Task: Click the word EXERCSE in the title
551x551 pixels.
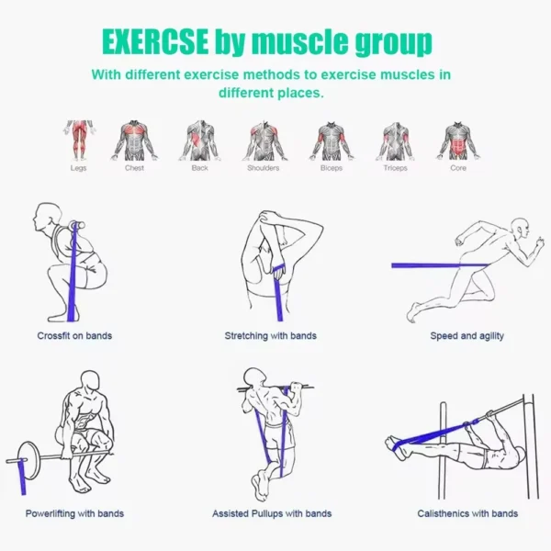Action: [154, 42]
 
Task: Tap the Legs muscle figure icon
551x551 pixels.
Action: [79, 141]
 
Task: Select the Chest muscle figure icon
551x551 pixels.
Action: [135, 141]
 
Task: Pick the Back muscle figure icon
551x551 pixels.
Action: [199, 141]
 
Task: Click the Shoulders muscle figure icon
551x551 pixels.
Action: [264, 141]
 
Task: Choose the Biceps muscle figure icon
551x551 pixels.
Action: [331, 141]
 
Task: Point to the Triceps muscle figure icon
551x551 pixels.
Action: [395, 141]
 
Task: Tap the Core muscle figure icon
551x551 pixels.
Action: [457, 141]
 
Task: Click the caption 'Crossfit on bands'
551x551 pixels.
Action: [74, 336]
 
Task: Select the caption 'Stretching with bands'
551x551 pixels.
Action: [270, 336]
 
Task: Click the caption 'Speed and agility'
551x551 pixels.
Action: [467, 336]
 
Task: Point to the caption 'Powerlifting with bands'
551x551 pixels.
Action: [74, 513]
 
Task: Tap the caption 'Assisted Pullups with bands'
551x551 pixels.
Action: [272, 513]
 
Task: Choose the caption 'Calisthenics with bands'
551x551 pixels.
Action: [467, 513]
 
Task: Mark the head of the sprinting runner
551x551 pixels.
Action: [520, 226]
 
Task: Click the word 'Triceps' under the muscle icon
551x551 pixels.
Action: [395, 168]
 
